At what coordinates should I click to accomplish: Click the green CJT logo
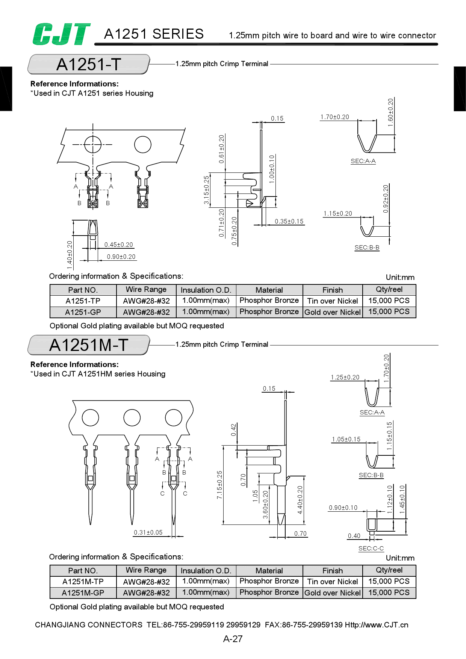pos(61,34)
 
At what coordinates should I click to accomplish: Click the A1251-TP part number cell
pos(83,301)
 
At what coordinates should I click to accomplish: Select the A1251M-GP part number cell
pos(83,593)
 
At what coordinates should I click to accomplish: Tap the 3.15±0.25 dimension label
pos(206,190)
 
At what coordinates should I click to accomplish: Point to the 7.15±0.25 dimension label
pos(220,485)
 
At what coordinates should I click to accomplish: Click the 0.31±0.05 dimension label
pos(148,532)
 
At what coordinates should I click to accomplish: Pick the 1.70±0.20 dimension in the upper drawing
pos(334,117)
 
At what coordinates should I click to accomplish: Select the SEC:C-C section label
pos(371,549)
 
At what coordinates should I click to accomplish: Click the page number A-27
pos(233,639)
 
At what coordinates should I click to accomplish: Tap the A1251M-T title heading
pos(89,345)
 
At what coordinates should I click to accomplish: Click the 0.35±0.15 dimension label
pos(289,221)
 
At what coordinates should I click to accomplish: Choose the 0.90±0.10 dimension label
pos(343,508)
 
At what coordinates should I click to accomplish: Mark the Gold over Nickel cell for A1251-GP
pos(333,312)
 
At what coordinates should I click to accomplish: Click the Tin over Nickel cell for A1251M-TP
pos(333,582)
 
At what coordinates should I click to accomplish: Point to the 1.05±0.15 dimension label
pos(346,439)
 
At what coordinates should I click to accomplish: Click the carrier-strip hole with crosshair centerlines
pos(93,144)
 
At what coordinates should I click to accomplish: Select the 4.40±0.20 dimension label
pos(300,500)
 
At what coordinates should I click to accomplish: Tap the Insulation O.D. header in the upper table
pos(206,290)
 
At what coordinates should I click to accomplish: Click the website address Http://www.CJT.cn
pos(377,625)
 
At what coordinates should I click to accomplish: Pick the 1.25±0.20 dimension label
pos(345,377)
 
